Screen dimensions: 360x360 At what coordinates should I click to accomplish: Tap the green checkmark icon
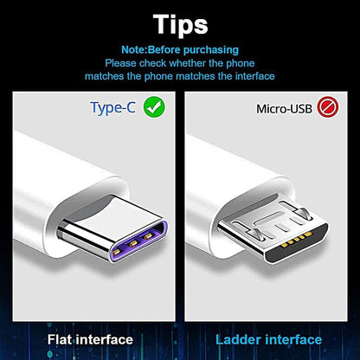point(154,108)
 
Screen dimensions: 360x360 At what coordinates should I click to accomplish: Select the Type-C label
point(113,108)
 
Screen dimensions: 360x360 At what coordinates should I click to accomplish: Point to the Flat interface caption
point(90,340)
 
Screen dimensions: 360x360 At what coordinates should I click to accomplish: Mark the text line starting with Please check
point(179,62)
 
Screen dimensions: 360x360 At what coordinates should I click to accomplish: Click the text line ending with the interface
point(179,76)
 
